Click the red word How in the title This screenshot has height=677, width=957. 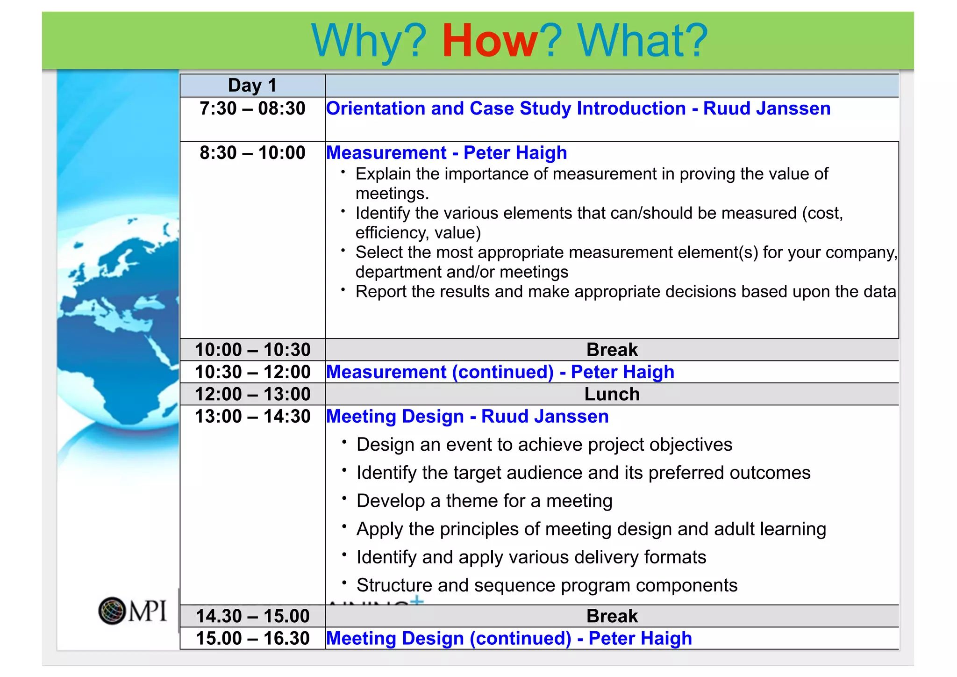tap(489, 41)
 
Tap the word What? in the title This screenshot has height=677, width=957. tap(643, 41)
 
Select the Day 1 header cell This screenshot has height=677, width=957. tap(252, 86)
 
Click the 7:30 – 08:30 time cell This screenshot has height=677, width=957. tap(252, 108)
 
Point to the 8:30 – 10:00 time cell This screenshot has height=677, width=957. tap(252, 153)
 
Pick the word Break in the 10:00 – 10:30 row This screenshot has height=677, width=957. tap(612, 350)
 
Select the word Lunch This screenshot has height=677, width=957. tap(612, 394)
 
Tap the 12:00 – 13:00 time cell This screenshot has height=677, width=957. tap(252, 394)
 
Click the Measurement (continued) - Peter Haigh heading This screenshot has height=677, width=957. tap(500, 372)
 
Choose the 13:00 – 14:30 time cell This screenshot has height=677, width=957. tap(252, 417)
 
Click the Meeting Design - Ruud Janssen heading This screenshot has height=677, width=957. tap(467, 417)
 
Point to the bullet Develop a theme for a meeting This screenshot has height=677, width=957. tap(484, 501)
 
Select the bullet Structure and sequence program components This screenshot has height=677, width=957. tap(547, 585)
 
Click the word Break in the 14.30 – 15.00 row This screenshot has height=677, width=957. tap(612, 616)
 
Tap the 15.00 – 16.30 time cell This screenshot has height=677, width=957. tap(252, 639)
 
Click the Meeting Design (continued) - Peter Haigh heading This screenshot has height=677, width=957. tap(509, 639)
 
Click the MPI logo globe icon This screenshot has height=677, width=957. tap(112, 611)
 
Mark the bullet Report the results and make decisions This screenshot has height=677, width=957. tap(626, 292)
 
